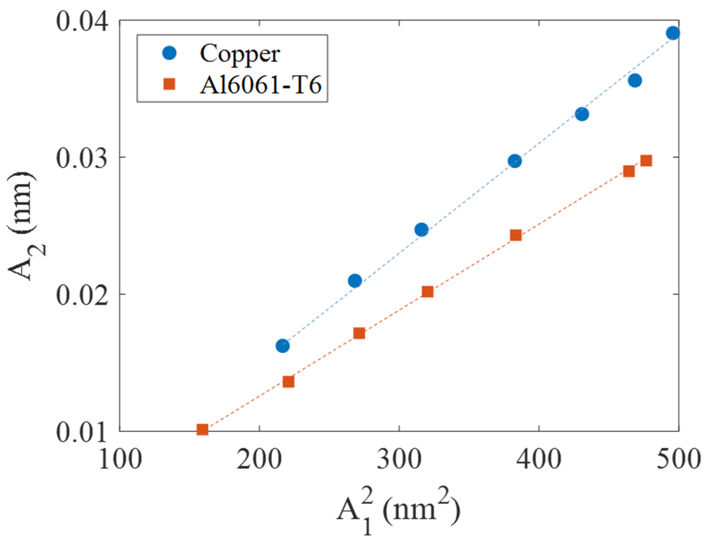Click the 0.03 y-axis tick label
tap(82, 158)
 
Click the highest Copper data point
tap(673, 33)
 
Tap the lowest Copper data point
tap(283, 346)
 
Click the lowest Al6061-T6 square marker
tap(202, 429)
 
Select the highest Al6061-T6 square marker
tap(646, 161)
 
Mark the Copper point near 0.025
tap(421, 230)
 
